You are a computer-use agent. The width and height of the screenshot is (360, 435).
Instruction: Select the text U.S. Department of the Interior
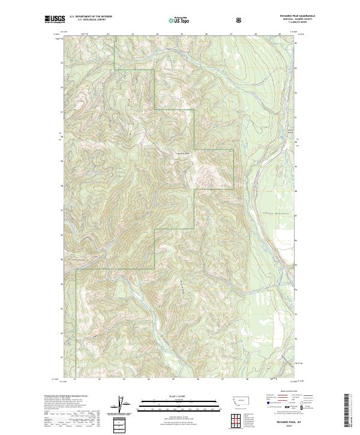pyautogui.click(x=92, y=18)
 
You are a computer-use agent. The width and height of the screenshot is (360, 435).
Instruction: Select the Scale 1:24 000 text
pyautogui.click(x=172, y=395)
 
